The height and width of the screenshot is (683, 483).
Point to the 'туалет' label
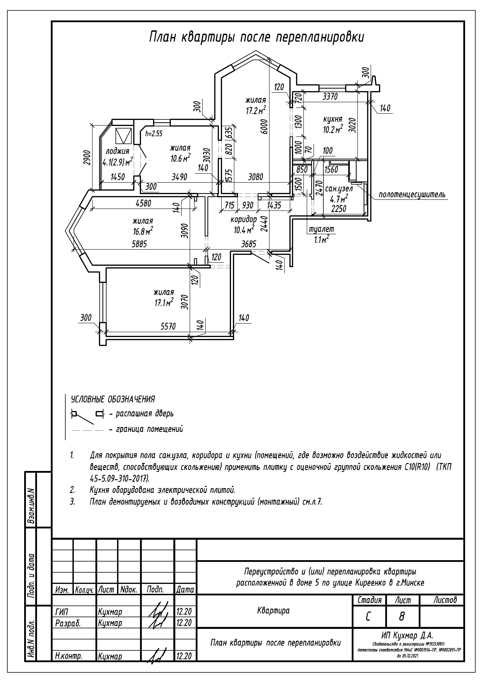point(321,229)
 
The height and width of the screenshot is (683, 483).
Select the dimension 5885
point(139,244)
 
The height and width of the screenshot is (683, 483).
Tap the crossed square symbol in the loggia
point(123,136)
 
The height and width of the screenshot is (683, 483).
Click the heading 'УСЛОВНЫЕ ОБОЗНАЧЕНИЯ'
point(113,399)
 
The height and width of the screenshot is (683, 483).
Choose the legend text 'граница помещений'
point(149,429)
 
